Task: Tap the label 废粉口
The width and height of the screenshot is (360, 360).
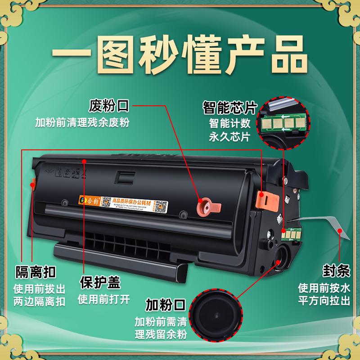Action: click(x=109, y=106)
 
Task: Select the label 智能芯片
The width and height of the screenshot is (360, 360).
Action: click(x=229, y=108)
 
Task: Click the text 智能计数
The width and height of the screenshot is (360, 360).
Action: click(x=229, y=123)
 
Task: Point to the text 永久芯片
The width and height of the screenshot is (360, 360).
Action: click(x=229, y=137)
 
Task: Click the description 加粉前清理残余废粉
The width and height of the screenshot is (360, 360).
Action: click(x=82, y=122)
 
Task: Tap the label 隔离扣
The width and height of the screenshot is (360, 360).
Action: click(x=36, y=272)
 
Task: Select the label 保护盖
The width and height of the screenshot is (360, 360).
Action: click(x=100, y=282)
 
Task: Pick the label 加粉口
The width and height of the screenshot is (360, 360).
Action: click(x=165, y=305)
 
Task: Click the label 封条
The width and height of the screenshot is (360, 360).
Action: click(x=336, y=271)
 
